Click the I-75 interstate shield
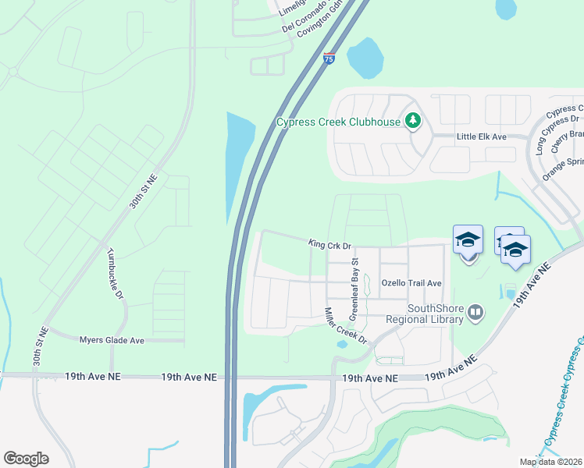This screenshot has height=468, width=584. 329,58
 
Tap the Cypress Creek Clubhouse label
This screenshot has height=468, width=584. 337,122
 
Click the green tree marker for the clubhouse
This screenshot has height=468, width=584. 412,121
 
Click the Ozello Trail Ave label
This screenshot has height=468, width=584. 411,283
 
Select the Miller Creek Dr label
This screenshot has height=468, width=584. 345,326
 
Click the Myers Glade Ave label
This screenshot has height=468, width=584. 112,340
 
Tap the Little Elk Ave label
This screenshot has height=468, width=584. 482,136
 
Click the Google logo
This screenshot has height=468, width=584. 26,459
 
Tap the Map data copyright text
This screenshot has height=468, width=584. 550,462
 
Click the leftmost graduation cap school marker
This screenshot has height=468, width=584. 468,239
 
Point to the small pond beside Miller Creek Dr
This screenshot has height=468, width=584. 341,344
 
